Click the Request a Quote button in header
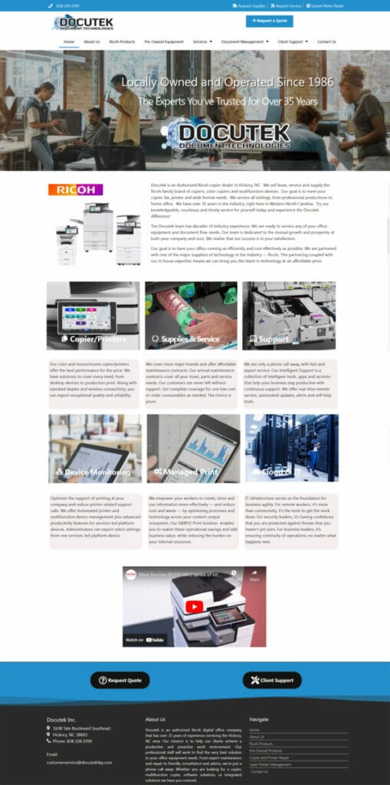pyautogui.click(x=269, y=21)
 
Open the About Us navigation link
pyautogui.click(x=91, y=41)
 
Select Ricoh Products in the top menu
pyautogui.click(x=122, y=41)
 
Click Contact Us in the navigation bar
pyautogui.click(x=326, y=41)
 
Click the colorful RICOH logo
pyautogui.click(x=75, y=190)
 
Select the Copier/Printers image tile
pyautogui.click(x=93, y=316)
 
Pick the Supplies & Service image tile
pyautogui.click(x=192, y=316)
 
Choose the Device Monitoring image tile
pyautogui.click(x=95, y=448)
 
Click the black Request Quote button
pyautogui.click(x=120, y=680)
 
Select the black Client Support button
pyautogui.click(x=272, y=680)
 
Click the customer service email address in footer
pyautogui.click(x=79, y=762)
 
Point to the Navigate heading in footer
pyautogui.click(x=259, y=719)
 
